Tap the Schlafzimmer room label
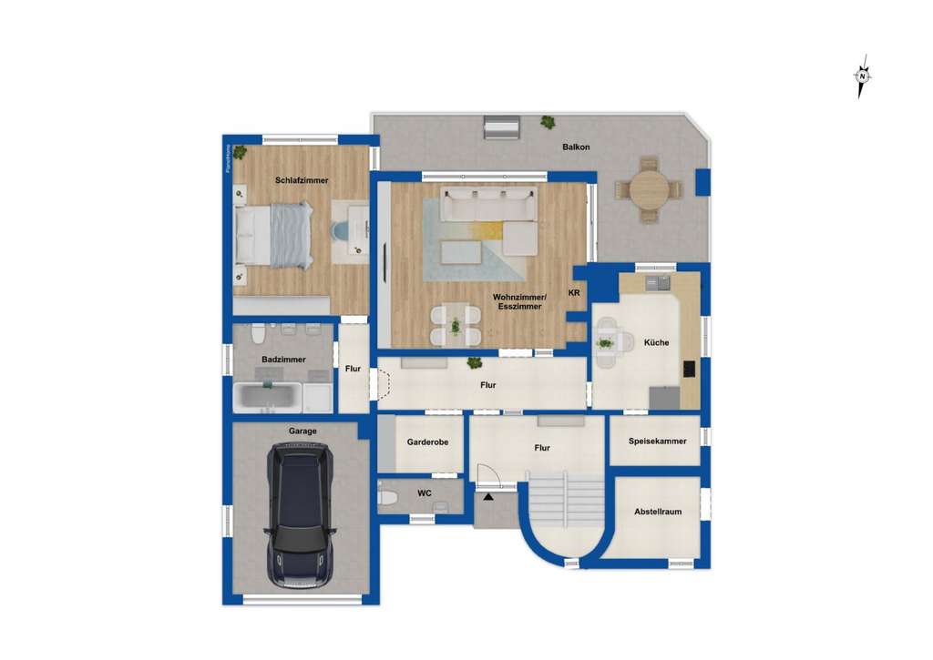302,180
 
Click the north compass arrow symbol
861,77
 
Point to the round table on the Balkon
649,189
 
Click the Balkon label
576,147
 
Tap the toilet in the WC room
386,497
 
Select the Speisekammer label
656,441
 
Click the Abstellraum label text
658,512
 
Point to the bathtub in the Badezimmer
268,396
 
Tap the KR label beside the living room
574,292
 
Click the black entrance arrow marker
488,497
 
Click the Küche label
656,342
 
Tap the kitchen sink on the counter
657,283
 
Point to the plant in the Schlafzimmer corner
239,152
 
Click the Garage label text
303,431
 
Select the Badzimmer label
283,360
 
